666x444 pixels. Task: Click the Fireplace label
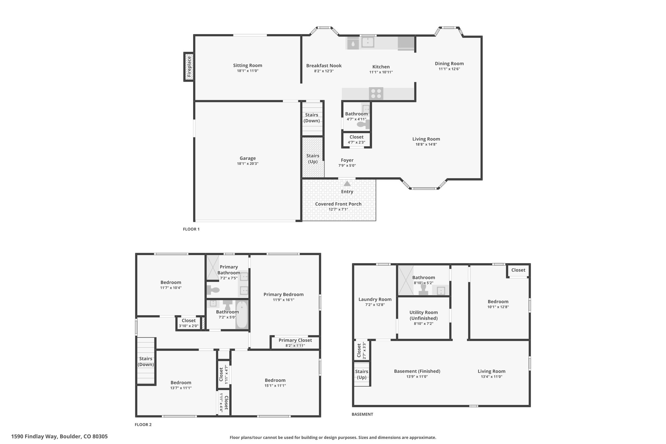coord(189,67)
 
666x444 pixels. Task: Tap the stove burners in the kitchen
coord(376,94)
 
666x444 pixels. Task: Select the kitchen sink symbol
coord(367,42)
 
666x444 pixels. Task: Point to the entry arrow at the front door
coord(347,183)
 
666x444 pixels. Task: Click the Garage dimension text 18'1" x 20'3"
coord(248,164)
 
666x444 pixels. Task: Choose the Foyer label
coord(347,160)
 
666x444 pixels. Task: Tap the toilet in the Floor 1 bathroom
coord(363,124)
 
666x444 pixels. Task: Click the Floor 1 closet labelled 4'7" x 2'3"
coord(356,140)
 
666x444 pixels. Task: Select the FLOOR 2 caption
coord(143,424)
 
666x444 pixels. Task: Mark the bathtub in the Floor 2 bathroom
coord(242,314)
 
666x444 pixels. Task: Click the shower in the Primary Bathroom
coord(213,268)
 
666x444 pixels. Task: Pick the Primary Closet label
coord(295,340)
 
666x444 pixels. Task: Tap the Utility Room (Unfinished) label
coord(424,315)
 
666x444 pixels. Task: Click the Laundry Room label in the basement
coord(375,299)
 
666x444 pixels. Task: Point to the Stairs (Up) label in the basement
coord(362,374)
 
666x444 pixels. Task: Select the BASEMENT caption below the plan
coord(362,414)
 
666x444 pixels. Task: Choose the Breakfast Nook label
coord(324,66)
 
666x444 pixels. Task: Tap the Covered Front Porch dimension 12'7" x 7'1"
coord(338,209)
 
